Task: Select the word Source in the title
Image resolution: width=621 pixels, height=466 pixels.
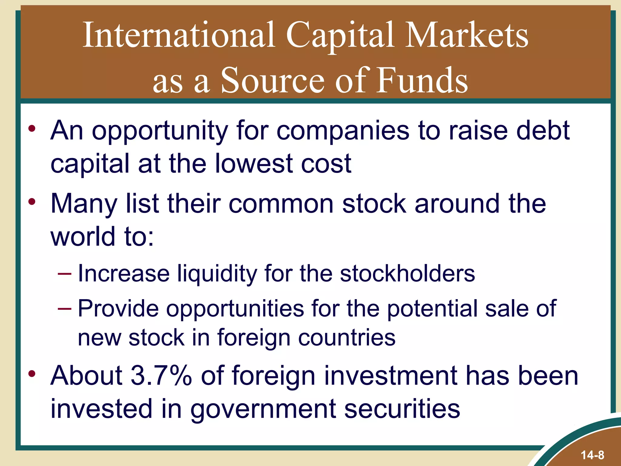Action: coord(273,80)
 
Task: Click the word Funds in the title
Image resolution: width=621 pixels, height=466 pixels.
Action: coord(422,80)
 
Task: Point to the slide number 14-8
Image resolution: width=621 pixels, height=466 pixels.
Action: coord(592,455)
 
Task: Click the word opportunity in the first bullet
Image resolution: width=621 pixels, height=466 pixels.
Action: coord(160,131)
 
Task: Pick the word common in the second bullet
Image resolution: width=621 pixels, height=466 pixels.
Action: coord(281,204)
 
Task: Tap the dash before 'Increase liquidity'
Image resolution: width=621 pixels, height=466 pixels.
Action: coord(64,274)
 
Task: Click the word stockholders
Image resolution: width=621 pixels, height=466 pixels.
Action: coord(407,274)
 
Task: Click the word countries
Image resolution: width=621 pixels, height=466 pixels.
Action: coord(347,338)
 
